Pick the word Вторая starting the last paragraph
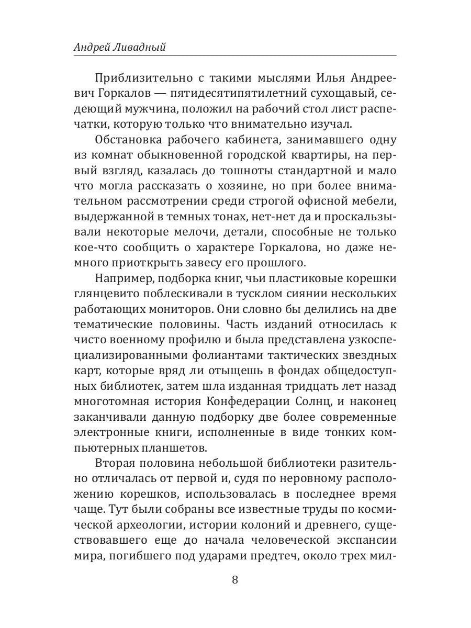[x=114, y=464]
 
